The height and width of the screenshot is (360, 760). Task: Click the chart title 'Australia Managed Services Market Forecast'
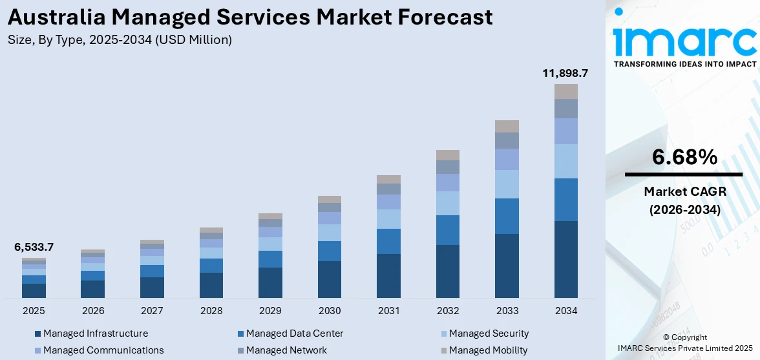[251, 17]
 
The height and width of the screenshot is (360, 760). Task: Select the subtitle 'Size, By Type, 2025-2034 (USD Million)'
[120, 40]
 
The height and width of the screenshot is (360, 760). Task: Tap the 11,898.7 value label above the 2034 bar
[565, 74]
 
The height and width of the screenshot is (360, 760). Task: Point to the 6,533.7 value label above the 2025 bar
[34, 247]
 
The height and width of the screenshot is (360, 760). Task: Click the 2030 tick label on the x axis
[330, 311]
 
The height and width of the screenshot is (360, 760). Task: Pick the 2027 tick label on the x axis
[152, 311]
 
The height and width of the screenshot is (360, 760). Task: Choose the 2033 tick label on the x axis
[507, 311]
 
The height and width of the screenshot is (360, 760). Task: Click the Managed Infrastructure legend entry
[95, 334]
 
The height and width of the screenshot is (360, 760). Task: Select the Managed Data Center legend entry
[294, 334]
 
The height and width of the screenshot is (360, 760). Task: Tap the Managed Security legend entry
[489, 334]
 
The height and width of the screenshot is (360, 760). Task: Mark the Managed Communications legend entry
[103, 350]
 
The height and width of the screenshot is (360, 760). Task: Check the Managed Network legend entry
[286, 350]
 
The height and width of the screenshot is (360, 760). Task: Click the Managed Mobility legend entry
[488, 350]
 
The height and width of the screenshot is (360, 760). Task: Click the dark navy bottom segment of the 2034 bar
[565, 259]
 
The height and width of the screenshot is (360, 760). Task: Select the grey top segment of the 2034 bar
[565, 91]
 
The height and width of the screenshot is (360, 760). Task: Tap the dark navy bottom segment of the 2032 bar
[448, 271]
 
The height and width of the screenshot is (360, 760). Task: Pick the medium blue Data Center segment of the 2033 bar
[507, 216]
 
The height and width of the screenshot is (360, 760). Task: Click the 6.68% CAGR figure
[684, 157]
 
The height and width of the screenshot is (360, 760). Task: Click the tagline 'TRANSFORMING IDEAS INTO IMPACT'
[684, 64]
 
